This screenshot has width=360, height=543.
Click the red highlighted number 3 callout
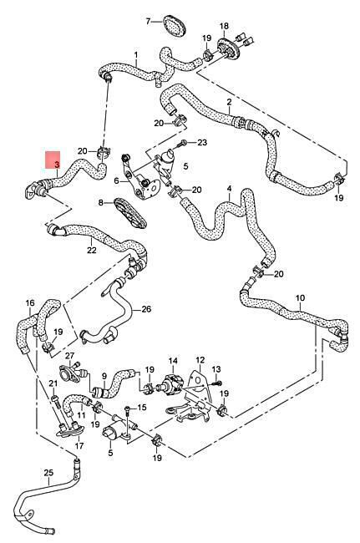coord(53,160)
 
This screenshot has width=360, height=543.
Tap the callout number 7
coord(149,22)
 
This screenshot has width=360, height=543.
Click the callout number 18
coord(225,26)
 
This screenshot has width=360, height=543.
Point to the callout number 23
coord(202,142)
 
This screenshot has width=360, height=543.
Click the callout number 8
coord(101,202)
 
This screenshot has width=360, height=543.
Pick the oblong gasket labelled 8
coord(130,213)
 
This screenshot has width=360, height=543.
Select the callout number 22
coord(92,249)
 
